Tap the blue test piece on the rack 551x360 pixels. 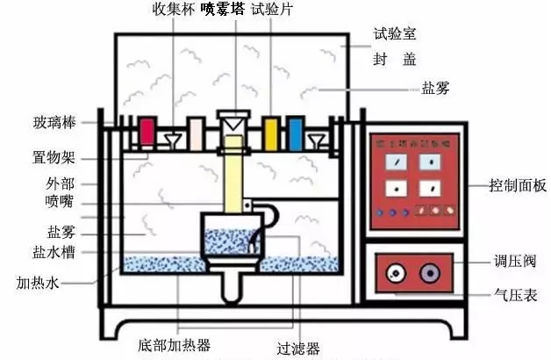click(295, 133)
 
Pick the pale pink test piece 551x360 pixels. click(196, 134)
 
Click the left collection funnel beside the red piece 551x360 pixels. click(171, 139)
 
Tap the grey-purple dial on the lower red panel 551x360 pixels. click(429, 274)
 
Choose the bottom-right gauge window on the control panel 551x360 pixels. click(429, 187)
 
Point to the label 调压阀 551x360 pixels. click(512, 262)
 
